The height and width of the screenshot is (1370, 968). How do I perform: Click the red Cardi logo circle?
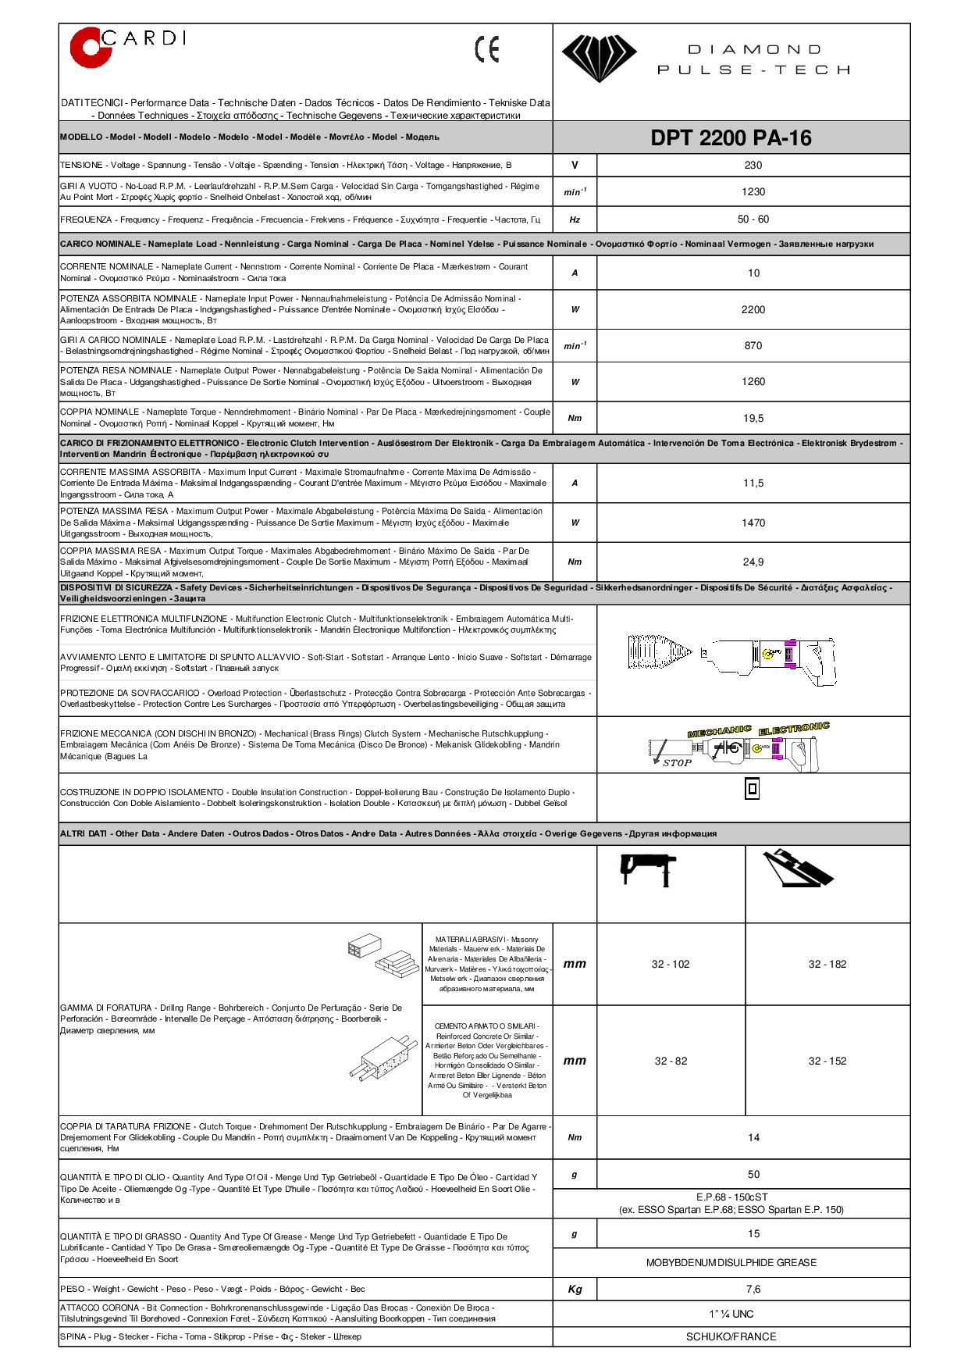click(x=89, y=48)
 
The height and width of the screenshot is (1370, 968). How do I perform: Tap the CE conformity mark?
click(x=487, y=49)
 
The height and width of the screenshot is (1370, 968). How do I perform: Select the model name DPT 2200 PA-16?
click(x=731, y=138)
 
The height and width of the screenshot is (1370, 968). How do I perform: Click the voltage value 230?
click(x=753, y=166)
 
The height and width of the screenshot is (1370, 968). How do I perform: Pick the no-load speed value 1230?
click(x=753, y=192)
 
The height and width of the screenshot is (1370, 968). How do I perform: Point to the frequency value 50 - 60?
click(x=753, y=219)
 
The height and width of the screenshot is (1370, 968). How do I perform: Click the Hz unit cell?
click(x=575, y=220)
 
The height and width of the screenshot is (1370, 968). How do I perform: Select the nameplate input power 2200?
click(x=753, y=310)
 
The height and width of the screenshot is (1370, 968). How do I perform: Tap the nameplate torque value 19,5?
click(x=753, y=419)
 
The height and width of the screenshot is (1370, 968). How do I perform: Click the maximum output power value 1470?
click(x=753, y=523)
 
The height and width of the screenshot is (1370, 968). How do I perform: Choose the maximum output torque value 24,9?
click(x=753, y=562)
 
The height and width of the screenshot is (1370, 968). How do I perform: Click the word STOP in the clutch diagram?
click(x=677, y=763)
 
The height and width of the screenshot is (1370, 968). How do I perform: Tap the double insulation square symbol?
click(x=752, y=789)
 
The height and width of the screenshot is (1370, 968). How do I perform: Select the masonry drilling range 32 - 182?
click(x=827, y=965)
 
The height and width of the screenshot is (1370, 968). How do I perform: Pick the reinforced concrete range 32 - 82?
click(x=671, y=1061)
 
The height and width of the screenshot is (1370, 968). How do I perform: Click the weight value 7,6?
click(x=753, y=1290)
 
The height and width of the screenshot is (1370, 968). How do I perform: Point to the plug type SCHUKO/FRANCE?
click(x=731, y=1337)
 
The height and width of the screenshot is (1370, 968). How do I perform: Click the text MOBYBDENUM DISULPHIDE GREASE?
click(x=731, y=1263)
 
